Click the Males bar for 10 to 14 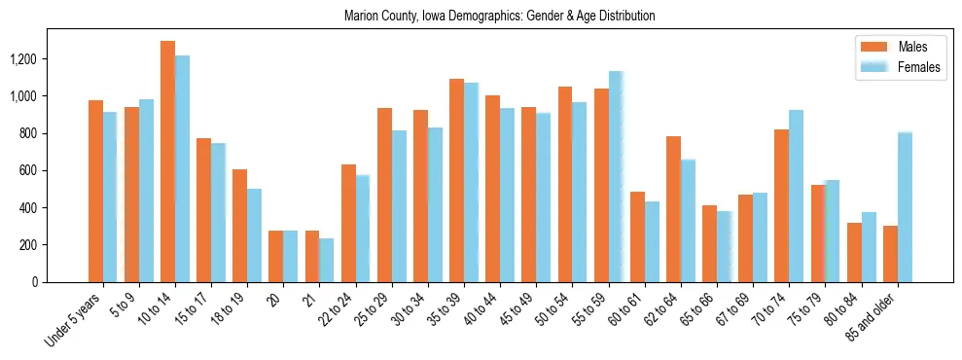click(x=167, y=162)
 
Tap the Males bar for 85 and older click(x=890, y=254)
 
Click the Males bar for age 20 click(x=276, y=256)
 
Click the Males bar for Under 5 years click(x=95, y=191)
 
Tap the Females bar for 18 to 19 click(x=254, y=235)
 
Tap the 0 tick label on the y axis click(x=35, y=282)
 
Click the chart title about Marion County click(x=499, y=17)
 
